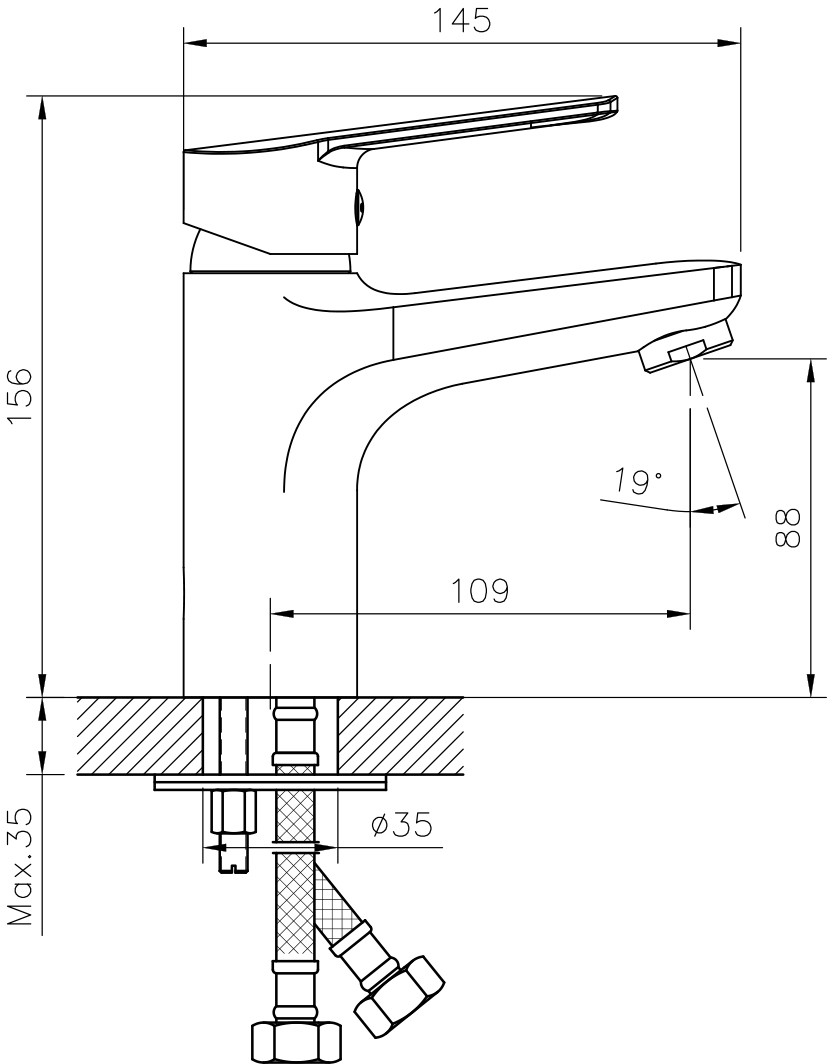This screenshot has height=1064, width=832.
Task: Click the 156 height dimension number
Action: click(20, 398)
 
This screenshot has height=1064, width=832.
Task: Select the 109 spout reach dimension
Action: click(480, 592)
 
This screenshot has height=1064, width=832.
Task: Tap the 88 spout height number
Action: click(787, 529)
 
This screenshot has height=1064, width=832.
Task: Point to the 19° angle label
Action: click(639, 482)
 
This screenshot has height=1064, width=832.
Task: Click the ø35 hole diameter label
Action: click(401, 824)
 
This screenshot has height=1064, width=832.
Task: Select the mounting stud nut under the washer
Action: click(233, 812)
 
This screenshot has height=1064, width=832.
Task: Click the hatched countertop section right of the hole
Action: click(400, 736)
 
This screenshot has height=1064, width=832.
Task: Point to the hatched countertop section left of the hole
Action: click(140, 736)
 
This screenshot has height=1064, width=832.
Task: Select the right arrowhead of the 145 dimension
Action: click(729, 44)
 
